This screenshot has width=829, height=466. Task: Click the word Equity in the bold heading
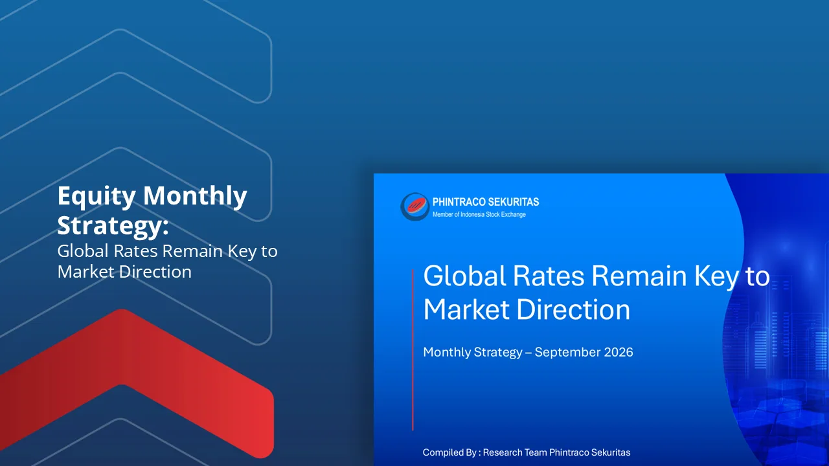click(x=97, y=197)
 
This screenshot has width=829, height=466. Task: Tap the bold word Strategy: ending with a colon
click(x=113, y=227)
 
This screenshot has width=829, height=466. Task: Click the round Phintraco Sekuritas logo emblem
click(x=415, y=206)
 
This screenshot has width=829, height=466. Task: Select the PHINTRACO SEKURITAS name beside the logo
click(x=486, y=202)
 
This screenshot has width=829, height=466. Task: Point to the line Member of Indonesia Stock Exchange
click(x=479, y=214)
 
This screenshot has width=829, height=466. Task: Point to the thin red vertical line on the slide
click(x=413, y=350)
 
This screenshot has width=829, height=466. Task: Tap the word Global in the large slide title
click(x=464, y=276)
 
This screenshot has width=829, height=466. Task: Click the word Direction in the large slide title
click(x=573, y=310)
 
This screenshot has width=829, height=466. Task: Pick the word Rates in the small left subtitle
click(x=135, y=251)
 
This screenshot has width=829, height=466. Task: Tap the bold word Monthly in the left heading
click(x=195, y=197)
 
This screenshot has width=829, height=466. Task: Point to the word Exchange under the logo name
click(x=514, y=215)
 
